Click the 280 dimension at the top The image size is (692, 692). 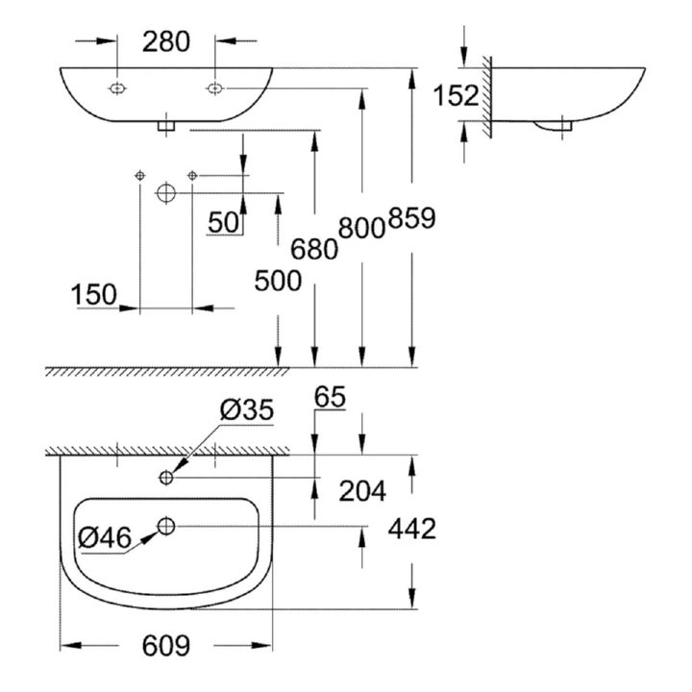tap(166, 41)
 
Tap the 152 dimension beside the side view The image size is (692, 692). tap(456, 95)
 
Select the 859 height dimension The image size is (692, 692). tap(411, 218)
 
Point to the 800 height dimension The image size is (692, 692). tap(362, 228)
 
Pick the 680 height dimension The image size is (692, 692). tap(313, 249)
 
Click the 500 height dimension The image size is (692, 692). tap(278, 281)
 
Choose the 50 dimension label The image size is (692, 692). tap(223, 222)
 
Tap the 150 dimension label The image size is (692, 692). tap(94, 294)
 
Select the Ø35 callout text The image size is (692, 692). tap(247, 410)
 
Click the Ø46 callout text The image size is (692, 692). tap(105, 537)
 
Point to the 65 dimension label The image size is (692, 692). tap(330, 397)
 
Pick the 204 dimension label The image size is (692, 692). tap(362, 491)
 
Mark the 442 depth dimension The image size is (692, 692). tap(411, 529)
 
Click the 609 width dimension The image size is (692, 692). tap(166, 645)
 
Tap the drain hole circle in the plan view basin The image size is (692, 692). tap(166, 526)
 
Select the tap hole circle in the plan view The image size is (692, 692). tap(166, 477)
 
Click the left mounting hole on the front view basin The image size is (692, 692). tap(117, 88)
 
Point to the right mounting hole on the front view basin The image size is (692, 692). tap(215, 88)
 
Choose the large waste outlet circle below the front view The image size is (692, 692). tap(166, 193)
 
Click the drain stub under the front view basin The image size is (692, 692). tap(166, 126)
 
